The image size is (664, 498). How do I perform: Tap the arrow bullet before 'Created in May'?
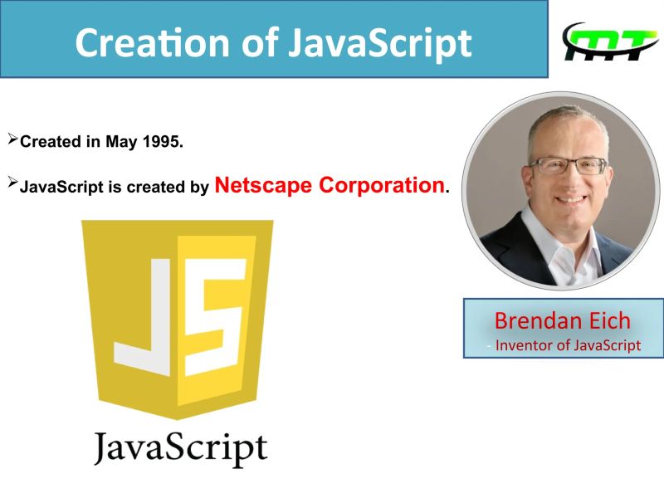[x=12, y=139]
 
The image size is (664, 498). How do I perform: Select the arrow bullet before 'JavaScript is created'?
[x=12, y=184]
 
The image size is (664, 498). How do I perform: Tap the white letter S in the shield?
[x=214, y=315]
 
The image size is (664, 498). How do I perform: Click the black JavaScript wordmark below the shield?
[x=180, y=449]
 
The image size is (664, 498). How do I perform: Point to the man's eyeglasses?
[x=569, y=165]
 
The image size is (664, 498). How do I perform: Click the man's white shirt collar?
[x=558, y=249]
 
